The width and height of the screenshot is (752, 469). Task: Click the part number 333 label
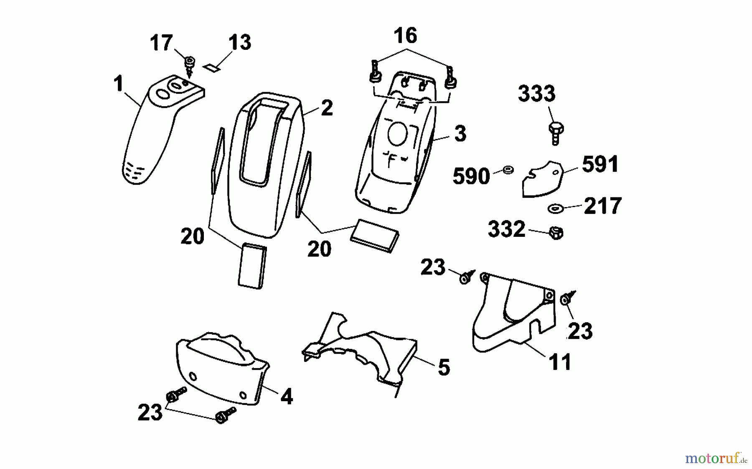tap(536, 94)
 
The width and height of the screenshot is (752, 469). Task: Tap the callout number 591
tap(600, 164)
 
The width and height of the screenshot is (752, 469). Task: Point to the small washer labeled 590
tap(508, 170)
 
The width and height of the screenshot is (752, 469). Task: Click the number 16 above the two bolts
tap(405, 36)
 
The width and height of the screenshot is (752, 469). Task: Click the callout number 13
tap(239, 43)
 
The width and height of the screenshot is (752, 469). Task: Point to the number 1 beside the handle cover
tap(119, 84)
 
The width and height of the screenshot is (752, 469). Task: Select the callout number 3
tap(460, 134)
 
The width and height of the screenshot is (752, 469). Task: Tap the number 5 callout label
tap(444, 368)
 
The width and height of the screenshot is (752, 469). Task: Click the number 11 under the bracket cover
tap(560, 362)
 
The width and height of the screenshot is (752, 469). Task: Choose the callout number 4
tap(286, 396)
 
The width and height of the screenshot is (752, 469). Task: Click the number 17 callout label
tap(161, 43)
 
